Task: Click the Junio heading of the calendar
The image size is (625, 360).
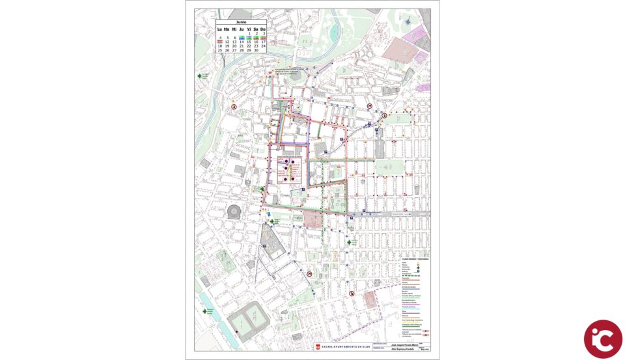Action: tap(241, 22)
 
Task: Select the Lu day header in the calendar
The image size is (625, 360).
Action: tap(220, 29)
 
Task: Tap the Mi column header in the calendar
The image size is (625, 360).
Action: tap(234, 29)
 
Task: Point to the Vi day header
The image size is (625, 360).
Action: tap(249, 29)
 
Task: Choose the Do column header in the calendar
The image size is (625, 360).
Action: tap(263, 29)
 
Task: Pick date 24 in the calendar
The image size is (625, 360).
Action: tap(263, 46)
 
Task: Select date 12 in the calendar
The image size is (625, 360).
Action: tap(227, 42)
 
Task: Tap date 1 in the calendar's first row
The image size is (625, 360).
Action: tap(249, 33)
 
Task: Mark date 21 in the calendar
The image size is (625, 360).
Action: tap(242, 46)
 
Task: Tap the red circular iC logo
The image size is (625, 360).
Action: tap(602, 339)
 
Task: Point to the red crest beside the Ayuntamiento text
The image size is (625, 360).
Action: tap(318, 348)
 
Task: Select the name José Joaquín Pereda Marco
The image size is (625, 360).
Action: tap(401, 344)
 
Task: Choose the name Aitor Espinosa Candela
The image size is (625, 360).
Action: tap(401, 350)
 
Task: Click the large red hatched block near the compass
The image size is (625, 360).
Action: tap(398, 48)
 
